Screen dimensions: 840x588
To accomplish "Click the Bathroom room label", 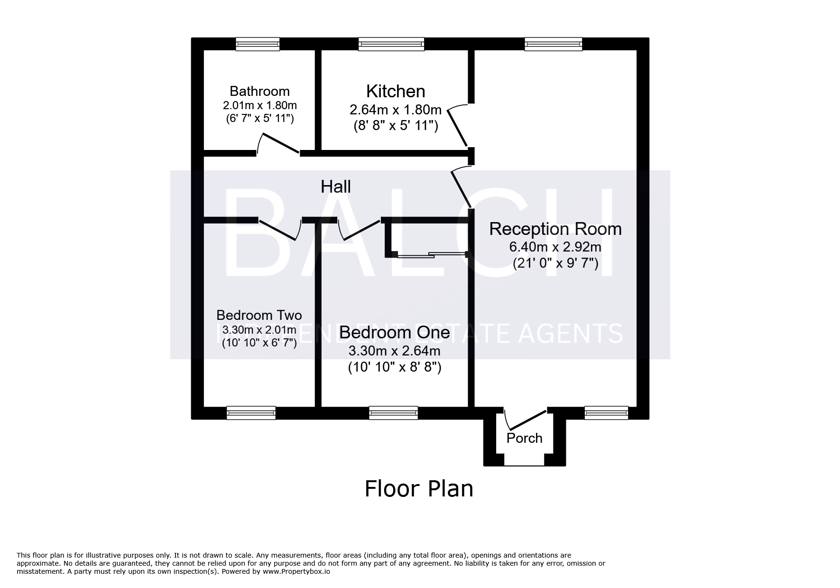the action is pyautogui.click(x=259, y=91).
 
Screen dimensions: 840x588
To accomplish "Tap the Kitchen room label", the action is pyautogui.click(x=396, y=91).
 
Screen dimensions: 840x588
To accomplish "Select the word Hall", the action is pyautogui.click(x=336, y=187).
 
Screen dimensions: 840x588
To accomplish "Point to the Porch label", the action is pyautogui.click(x=524, y=438).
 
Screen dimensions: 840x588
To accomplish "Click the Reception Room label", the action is pyautogui.click(x=555, y=229).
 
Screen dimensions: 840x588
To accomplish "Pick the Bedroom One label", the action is pyautogui.click(x=395, y=332).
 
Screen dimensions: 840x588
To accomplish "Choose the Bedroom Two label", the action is pyautogui.click(x=259, y=315).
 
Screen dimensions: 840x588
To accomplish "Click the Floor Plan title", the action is pyautogui.click(x=419, y=488).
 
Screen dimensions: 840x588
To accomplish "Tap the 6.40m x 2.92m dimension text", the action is pyautogui.click(x=555, y=247).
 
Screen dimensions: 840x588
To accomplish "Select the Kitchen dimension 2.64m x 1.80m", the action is pyautogui.click(x=396, y=110).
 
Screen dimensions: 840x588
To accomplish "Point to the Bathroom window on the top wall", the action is pyautogui.click(x=258, y=44).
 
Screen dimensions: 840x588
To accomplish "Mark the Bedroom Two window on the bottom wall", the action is pyautogui.click(x=251, y=413).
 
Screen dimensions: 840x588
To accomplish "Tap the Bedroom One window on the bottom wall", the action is pyautogui.click(x=394, y=413).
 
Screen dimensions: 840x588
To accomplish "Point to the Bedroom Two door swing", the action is pyautogui.click(x=280, y=230).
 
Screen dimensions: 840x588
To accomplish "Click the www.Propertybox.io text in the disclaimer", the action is pyautogui.click(x=296, y=572).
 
